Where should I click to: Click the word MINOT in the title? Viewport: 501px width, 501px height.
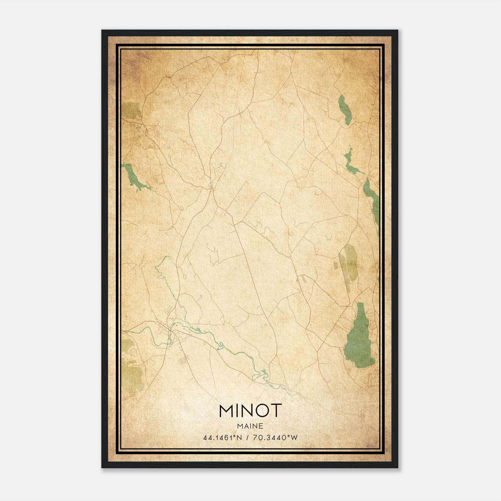pyautogui.click(x=250, y=411)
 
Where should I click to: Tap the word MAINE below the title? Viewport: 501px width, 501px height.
pyautogui.click(x=250, y=426)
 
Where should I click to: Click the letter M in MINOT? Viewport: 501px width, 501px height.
pyautogui.click(x=226, y=411)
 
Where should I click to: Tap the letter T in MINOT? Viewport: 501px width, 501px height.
pyautogui.click(x=276, y=411)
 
